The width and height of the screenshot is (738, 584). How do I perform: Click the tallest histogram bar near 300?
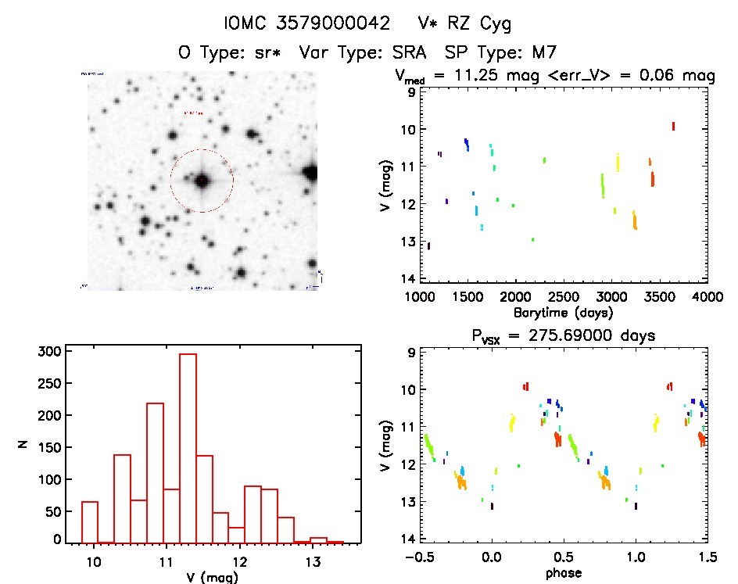click(188, 447)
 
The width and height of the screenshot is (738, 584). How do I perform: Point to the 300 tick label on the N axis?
click(48, 352)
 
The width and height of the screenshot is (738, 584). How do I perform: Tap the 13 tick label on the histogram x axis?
click(312, 562)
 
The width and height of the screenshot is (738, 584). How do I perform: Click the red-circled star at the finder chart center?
click(202, 181)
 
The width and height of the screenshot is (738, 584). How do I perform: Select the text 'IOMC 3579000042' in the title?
click(306, 24)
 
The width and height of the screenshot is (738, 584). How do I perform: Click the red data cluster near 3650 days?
click(673, 126)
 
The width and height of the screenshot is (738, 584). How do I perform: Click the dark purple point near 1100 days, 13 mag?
click(428, 245)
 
